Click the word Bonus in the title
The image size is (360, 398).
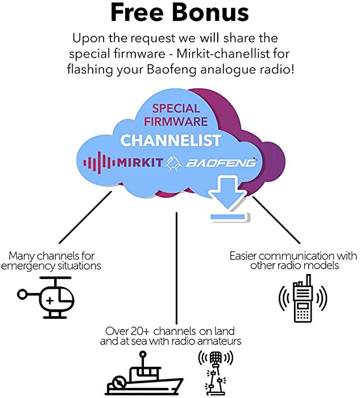click(x=210, y=13)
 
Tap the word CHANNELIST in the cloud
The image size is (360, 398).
click(x=171, y=140)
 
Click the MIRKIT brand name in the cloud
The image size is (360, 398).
click(x=140, y=163)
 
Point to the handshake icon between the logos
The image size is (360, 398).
click(x=173, y=163)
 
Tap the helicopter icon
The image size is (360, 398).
click(x=45, y=297)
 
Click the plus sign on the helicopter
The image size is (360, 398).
click(x=50, y=301)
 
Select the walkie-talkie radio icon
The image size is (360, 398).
click(x=303, y=298)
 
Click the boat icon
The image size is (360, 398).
click(x=144, y=373)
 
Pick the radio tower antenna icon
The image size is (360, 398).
click(x=216, y=372)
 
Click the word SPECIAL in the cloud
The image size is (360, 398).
click(x=176, y=109)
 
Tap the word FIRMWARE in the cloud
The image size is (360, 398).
click(x=176, y=121)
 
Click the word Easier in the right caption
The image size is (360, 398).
click(x=243, y=256)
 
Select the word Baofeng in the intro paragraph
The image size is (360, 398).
click(x=172, y=69)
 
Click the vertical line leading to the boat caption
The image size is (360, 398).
click(x=176, y=268)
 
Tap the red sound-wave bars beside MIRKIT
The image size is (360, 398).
click(x=100, y=163)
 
